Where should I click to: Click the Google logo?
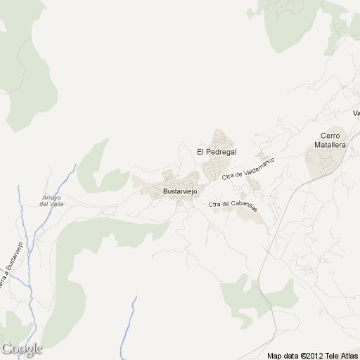[x=22, y=349]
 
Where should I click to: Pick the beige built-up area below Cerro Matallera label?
[x=323, y=163]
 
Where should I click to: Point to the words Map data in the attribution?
[x=282, y=354]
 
